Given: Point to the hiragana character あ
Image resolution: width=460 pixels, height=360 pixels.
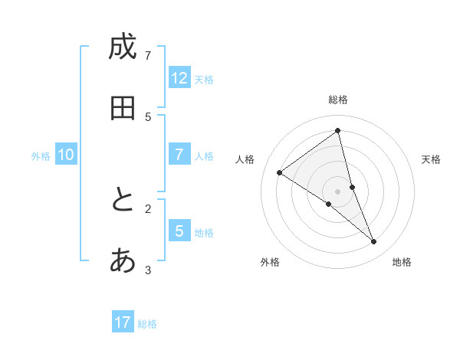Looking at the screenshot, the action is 123,260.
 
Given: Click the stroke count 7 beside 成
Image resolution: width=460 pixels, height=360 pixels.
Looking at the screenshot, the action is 148,55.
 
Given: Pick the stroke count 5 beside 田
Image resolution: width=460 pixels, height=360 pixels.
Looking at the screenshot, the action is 148,116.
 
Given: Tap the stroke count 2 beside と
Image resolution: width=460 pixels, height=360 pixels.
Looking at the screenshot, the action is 148,208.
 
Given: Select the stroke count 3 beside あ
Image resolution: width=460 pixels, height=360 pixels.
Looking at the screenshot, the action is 148,269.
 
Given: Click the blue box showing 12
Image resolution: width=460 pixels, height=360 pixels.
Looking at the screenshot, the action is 179,78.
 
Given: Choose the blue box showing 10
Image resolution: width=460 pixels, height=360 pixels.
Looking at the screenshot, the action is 66,155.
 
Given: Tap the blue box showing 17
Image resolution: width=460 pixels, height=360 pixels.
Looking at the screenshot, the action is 123,322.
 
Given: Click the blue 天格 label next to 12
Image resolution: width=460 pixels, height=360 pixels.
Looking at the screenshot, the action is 204,80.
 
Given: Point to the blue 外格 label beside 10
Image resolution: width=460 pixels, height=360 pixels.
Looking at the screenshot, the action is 41,156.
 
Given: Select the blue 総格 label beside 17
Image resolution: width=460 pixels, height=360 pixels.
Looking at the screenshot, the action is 147,324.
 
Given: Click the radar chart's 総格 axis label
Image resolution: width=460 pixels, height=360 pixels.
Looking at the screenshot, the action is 338,100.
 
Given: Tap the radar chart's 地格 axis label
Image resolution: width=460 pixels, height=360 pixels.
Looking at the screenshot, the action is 402,262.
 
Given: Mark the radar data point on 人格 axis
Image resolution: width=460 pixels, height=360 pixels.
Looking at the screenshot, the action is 279,172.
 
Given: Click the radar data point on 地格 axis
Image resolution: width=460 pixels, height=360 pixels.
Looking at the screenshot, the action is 374,242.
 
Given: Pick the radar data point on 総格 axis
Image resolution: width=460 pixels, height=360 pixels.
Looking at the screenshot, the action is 338,131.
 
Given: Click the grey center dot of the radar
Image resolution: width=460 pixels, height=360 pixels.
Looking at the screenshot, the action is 338,191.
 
